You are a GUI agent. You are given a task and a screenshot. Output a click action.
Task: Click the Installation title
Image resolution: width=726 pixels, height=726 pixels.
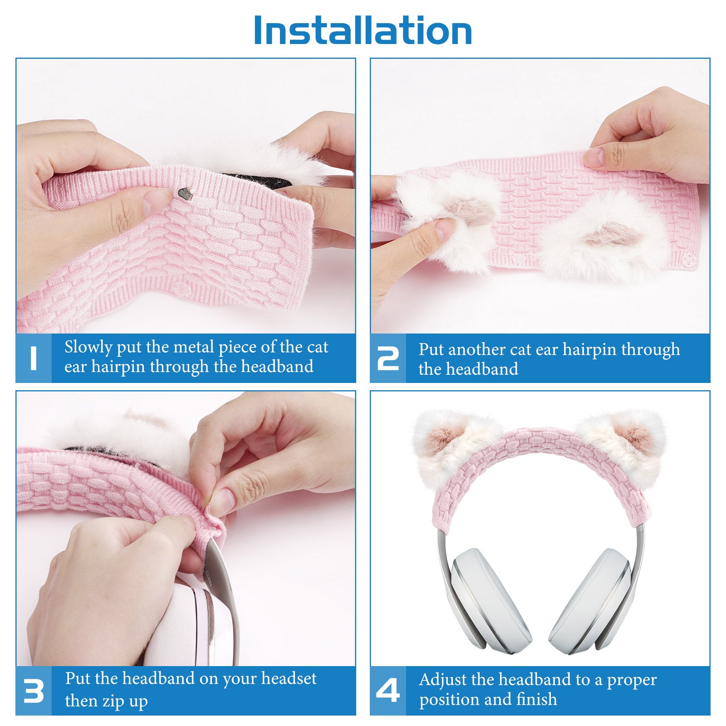pyautogui.click(x=363, y=30)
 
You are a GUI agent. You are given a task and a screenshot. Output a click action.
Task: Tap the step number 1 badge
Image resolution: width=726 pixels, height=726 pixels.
pyautogui.click(x=33, y=358)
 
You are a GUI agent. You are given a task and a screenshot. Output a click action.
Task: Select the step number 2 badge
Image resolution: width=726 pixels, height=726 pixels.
pyautogui.click(x=388, y=358)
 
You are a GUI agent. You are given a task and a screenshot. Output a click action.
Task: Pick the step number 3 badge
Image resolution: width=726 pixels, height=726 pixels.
pyautogui.click(x=34, y=691)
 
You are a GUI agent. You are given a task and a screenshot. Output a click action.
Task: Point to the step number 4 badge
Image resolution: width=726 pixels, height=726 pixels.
pyautogui.click(x=388, y=691)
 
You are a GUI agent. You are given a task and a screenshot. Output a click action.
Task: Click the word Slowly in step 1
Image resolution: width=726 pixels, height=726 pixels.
pyautogui.click(x=88, y=348)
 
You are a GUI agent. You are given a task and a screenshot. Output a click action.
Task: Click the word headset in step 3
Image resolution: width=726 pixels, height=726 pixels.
pyautogui.click(x=289, y=678)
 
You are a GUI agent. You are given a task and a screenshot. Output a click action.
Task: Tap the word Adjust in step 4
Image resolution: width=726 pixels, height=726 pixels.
pyautogui.click(x=443, y=680)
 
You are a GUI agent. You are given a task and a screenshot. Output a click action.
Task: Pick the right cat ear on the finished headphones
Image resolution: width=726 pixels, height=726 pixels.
pyautogui.click(x=623, y=445)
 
